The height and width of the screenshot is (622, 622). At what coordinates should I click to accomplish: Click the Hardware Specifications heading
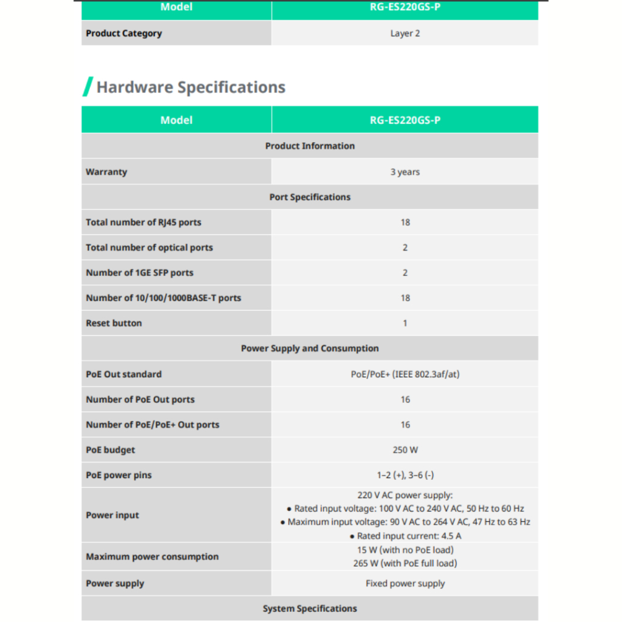pyautogui.click(x=191, y=87)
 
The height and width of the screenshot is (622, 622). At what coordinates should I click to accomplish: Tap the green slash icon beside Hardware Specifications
pyautogui.click(x=88, y=87)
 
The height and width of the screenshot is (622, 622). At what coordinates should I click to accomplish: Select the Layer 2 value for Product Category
pyautogui.click(x=405, y=33)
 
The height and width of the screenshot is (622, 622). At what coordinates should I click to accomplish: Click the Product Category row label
pyautogui.click(x=124, y=33)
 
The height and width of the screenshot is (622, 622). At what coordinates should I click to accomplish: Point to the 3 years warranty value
pyautogui.click(x=405, y=172)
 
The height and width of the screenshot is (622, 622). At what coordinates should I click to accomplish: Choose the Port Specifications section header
pyautogui.click(x=310, y=197)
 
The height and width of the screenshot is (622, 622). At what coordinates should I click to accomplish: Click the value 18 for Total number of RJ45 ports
pyautogui.click(x=405, y=222)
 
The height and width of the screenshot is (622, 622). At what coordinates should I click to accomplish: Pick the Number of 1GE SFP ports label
pyautogui.click(x=140, y=273)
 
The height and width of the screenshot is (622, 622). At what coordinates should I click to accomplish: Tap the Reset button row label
pyautogui.click(x=114, y=323)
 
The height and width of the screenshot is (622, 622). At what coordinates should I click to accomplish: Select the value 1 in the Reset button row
pyautogui.click(x=405, y=323)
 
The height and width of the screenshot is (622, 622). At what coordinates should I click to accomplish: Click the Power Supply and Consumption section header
pyautogui.click(x=310, y=349)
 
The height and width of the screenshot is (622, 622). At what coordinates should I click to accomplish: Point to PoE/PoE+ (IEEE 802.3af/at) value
pyautogui.click(x=405, y=374)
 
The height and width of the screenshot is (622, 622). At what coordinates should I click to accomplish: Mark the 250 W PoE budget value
pyautogui.click(x=405, y=450)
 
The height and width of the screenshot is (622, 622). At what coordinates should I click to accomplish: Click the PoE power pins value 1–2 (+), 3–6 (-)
pyautogui.click(x=405, y=475)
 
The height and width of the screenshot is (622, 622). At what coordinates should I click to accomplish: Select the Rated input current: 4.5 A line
pyautogui.click(x=405, y=536)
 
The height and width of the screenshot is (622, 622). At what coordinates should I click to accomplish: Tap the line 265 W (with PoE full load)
pyautogui.click(x=405, y=563)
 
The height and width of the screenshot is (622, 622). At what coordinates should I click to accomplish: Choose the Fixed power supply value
pyautogui.click(x=405, y=583)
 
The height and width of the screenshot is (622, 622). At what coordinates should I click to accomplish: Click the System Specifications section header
pyautogui.click(x=310, y=609)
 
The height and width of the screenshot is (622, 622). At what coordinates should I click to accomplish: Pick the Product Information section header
pyautogui.click(x=310, y=146)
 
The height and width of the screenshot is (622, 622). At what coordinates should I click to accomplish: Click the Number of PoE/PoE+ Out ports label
pyautogui.click(x=152, y=425)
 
